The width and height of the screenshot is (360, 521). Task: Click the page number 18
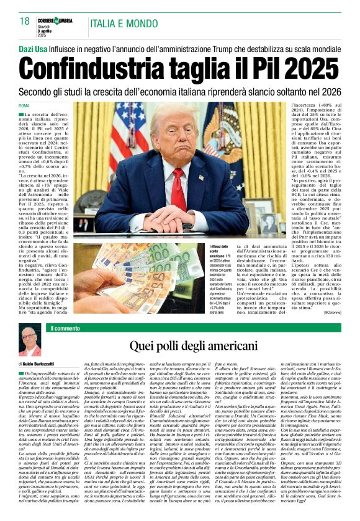pos(25,21)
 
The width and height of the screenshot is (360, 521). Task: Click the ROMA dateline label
pos(25,107)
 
